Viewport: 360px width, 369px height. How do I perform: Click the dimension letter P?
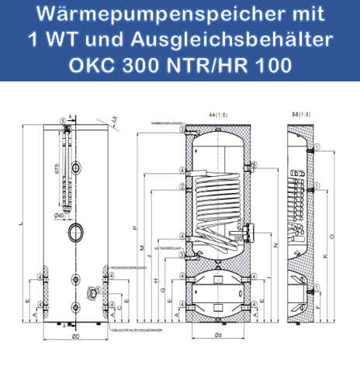pyautogui.click(x=134, y=228)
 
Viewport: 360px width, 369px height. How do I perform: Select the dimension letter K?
pyautogui.click(x=324, y=256)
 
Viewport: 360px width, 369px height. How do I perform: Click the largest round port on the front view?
pyautogui.click(x=76, y=232)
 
